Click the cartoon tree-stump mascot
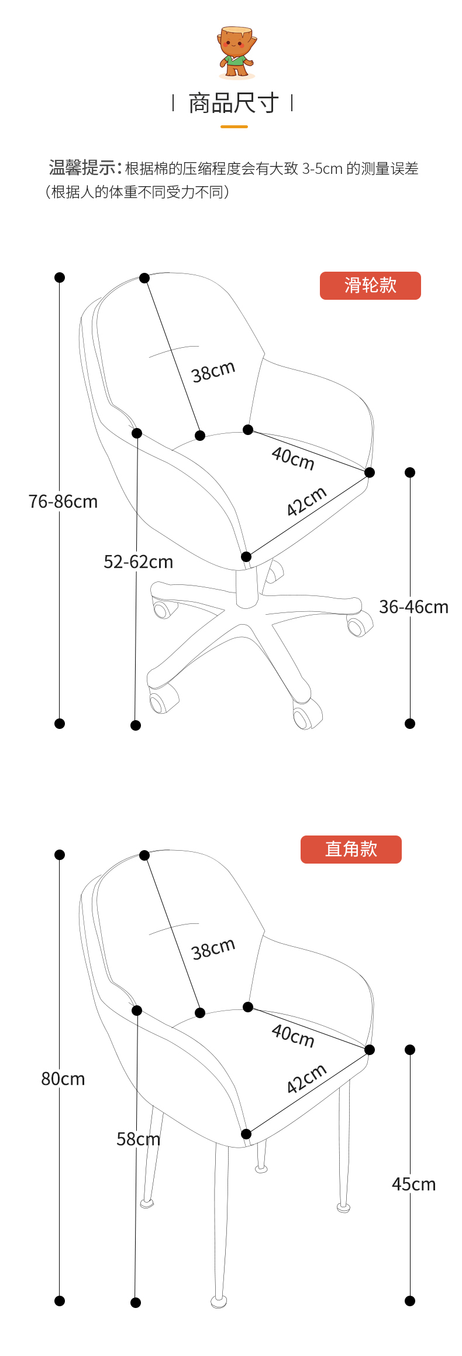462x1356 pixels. pyautogui.click(x=237, y=52)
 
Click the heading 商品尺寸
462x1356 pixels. pyautogui.click(x=233, y=104)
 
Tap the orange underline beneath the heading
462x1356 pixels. pyautogui.click(x=234, y=126)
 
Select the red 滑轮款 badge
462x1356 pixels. pyautogui.click(x=370, y=286)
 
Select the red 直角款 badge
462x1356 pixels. pyautogui.click(x=351, y=849)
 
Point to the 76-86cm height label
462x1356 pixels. pyautogui.click(x=63, y=502)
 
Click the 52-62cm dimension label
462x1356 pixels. pyautogui.click(x=139, y=562)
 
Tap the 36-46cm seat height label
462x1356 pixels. pyautogui.click(x=413, y=607)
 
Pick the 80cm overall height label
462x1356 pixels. pyautogui.click(x=63, y=1078)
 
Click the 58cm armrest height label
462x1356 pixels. pyautogui.click(x=139, y=1139)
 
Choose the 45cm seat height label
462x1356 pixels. pyautogui.click(x=413, y=1184)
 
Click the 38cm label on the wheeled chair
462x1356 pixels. pyautogui.click(x=213, y=372)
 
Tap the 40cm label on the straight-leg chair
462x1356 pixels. pyautogui.click(x=293, y=1035)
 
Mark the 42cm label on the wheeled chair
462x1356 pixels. pyautogui.click(x=306, y=502)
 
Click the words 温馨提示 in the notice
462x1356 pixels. pyautogui.click(x=82, y=169)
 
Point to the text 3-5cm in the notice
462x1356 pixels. pyautogui.click(x=322, y=169)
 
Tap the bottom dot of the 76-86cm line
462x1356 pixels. pyautogui.click(x=60, y=724)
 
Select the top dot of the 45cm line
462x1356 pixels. pyautogui.click(x=410, y=1050)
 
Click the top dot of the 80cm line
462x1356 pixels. pyautogui.click(x=60, y=855)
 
